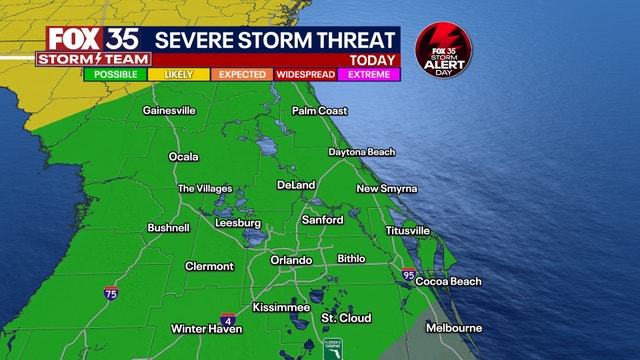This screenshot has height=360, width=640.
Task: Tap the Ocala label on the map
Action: pyautogui.click(x=183, y=157)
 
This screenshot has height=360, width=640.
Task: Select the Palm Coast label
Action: pyautogui.click(x=319, y=111)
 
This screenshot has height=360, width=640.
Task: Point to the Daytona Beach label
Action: pyautogui.click(x=362, y=152)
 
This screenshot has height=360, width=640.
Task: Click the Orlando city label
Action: pyautogui.click(x=292, y=260)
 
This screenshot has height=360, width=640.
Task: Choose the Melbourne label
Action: pyautogui.click(x=454, y=328)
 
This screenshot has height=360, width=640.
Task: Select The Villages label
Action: pyautogui.click(x=204, y=189)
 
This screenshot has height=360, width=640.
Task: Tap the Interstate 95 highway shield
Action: pyautogui.click(x=408, y=273)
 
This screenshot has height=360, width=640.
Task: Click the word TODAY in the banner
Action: pyautogui.click(x=371, y=59)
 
